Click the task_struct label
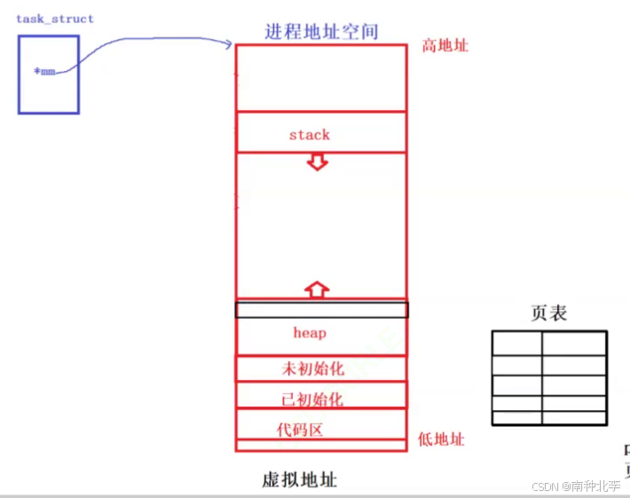pos(54,19)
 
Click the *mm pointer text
pos(44,71)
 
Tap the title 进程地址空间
pos(321,31)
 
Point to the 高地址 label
pos(444,45)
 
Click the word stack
pos(309,135)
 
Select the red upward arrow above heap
pos(317,289)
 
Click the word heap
pos(310,333)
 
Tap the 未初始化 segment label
pos(311,368)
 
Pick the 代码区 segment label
pos(299,430)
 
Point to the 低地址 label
pos(441,439)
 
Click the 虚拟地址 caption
pos(300,480)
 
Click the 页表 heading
pos(548,312)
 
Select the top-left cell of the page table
pos(517,344)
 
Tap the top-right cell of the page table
pos(574,344)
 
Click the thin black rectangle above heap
pos(321,310)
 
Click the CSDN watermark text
pos(576,486)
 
